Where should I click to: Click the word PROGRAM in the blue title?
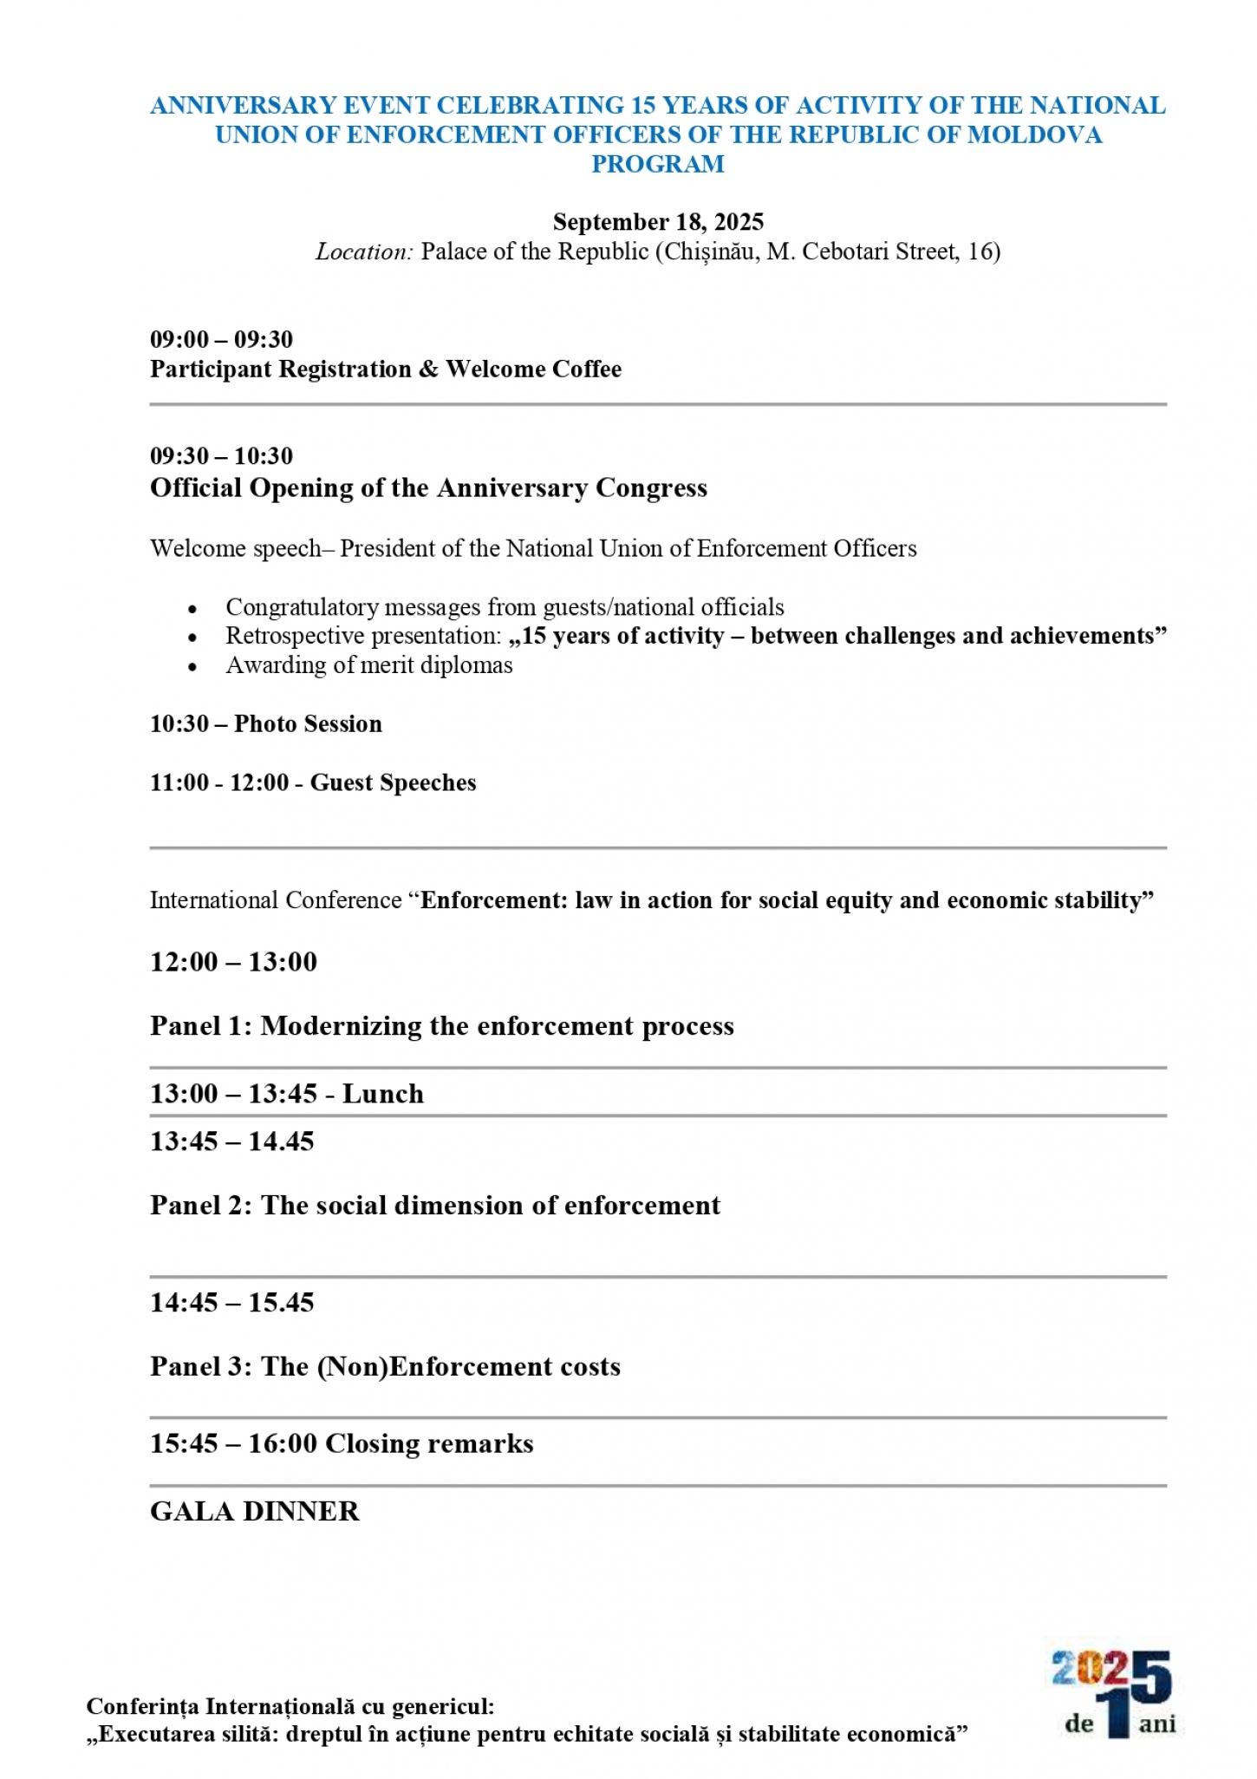tap(657, 164)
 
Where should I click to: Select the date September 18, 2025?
tap(658, 222)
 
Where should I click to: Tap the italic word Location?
tap(363, 252)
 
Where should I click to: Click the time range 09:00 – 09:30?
tap(221, 339)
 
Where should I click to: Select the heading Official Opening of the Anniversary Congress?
tap(428, 488)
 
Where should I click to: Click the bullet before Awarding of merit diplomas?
tap(192, 666)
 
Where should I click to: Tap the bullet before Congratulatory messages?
tap(192, 608)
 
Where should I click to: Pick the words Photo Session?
tap(308, 724)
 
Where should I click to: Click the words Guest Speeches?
tap(393, 783)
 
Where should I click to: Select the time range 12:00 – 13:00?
tap(233, 962)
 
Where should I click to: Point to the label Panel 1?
tap(200, 1026)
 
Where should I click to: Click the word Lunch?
tap(382, 1094)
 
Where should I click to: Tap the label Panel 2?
tap(200, 1206)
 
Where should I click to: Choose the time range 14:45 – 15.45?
tap(231, 1303)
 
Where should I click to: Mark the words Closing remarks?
tap(429, 1444)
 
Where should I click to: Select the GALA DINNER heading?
tap(254, 1512)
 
